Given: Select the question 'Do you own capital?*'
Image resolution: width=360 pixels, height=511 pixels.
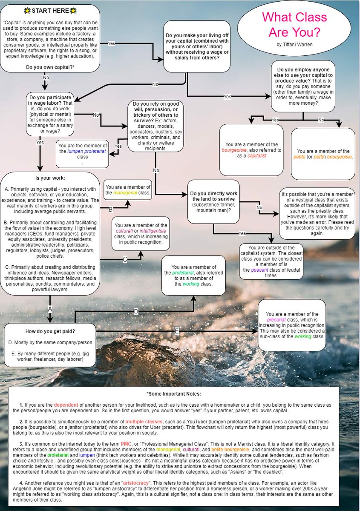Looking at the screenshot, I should [50, 67].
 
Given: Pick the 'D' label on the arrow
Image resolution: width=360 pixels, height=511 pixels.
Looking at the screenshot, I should [136, 312].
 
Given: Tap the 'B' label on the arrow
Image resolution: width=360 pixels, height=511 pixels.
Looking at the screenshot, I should [111, 209].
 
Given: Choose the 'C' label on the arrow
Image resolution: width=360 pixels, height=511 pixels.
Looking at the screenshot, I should [125, 258].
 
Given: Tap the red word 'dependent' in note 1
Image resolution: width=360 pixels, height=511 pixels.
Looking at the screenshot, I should [66, 404].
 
